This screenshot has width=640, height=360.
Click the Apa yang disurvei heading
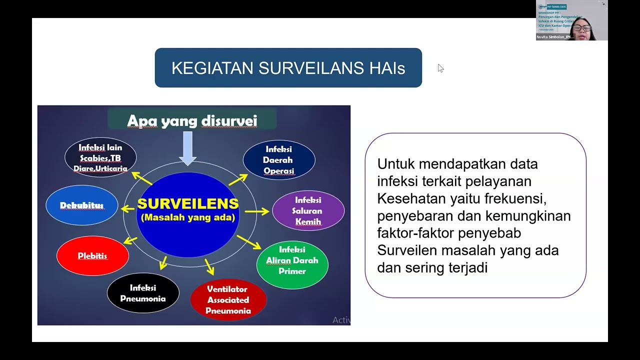(x=192, y=120)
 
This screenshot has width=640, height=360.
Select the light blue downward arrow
(x=188, y=148)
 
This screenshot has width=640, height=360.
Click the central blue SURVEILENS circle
(x=188, y=215)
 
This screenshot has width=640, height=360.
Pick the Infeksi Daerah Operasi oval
(x=279, y=160)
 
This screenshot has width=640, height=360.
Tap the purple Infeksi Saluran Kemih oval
(x=308, y=210)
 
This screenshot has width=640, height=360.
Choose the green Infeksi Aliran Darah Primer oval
(x=292, y=260)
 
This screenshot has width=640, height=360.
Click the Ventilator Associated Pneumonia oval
(x=228, y=300)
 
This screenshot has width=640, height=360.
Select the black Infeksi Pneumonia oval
(x=143, y=293)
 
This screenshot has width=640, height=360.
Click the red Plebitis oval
(x=92, y=256)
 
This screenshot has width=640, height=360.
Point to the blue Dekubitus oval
(x=81, y=205)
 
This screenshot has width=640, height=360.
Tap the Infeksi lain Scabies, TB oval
(x=100, y=157)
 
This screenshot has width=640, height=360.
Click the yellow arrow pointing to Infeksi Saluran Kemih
(x=257, y=211)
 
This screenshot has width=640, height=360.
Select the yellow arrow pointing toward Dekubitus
(x=128, y=208)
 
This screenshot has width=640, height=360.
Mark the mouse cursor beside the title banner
(x=440, y=68)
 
